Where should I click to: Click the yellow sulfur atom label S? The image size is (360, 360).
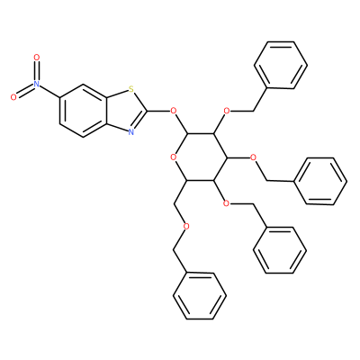pos(130,89)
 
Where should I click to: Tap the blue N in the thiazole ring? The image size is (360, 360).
pos(130,132)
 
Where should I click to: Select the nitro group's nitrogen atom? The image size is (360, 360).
pos(37,84)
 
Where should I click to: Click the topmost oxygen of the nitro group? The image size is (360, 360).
pos(37,57)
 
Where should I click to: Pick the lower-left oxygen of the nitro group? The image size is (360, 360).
pos(13,97)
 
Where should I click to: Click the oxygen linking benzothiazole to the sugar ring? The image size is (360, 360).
pos(173,111)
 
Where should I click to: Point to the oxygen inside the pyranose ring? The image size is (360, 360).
pos(173,157)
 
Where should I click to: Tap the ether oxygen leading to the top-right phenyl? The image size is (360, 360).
pos(227,111)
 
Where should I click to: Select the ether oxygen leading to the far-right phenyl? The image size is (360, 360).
pos(253,157)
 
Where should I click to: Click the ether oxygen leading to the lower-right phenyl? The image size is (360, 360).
pos(227,203)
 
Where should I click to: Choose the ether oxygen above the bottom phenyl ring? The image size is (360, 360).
pos(186,227)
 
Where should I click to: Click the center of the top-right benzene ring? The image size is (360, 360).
pos(281,65)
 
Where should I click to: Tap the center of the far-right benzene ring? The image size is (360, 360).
pos(320,181)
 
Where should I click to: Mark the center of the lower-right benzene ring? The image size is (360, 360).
pos(280,250)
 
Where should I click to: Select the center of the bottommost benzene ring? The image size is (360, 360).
pos(200,296)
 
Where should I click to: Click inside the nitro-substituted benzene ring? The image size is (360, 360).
pos(83,111)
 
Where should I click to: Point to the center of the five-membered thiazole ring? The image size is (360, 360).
pos(124,111)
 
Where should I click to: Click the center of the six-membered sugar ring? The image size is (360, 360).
pos(200,157)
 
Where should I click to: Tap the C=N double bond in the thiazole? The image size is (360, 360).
pos(139,121)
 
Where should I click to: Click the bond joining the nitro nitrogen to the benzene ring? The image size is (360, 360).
pos(49,91)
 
